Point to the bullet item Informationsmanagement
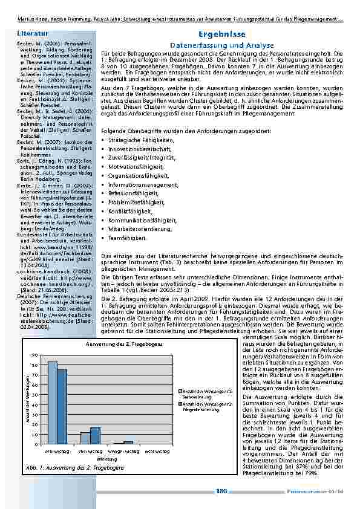[x=139, y=184]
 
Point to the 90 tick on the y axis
[x=35, y=355]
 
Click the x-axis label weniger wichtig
[x=122, y=451]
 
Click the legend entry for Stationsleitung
[x=197, y=394]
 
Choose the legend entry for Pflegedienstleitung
[x=197, y=406]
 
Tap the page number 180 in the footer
[x=221, y=491]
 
